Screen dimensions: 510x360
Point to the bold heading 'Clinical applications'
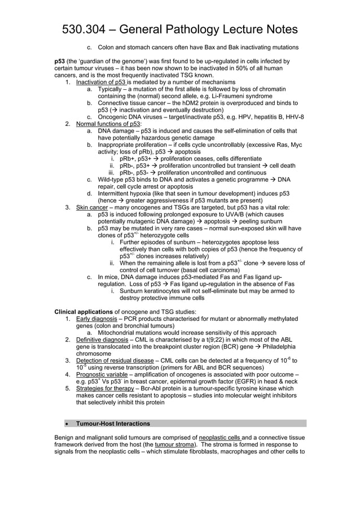83,312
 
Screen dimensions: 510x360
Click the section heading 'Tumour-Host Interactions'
113,423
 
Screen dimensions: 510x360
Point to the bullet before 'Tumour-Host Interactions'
67,423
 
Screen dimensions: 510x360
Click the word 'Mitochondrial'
117,333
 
